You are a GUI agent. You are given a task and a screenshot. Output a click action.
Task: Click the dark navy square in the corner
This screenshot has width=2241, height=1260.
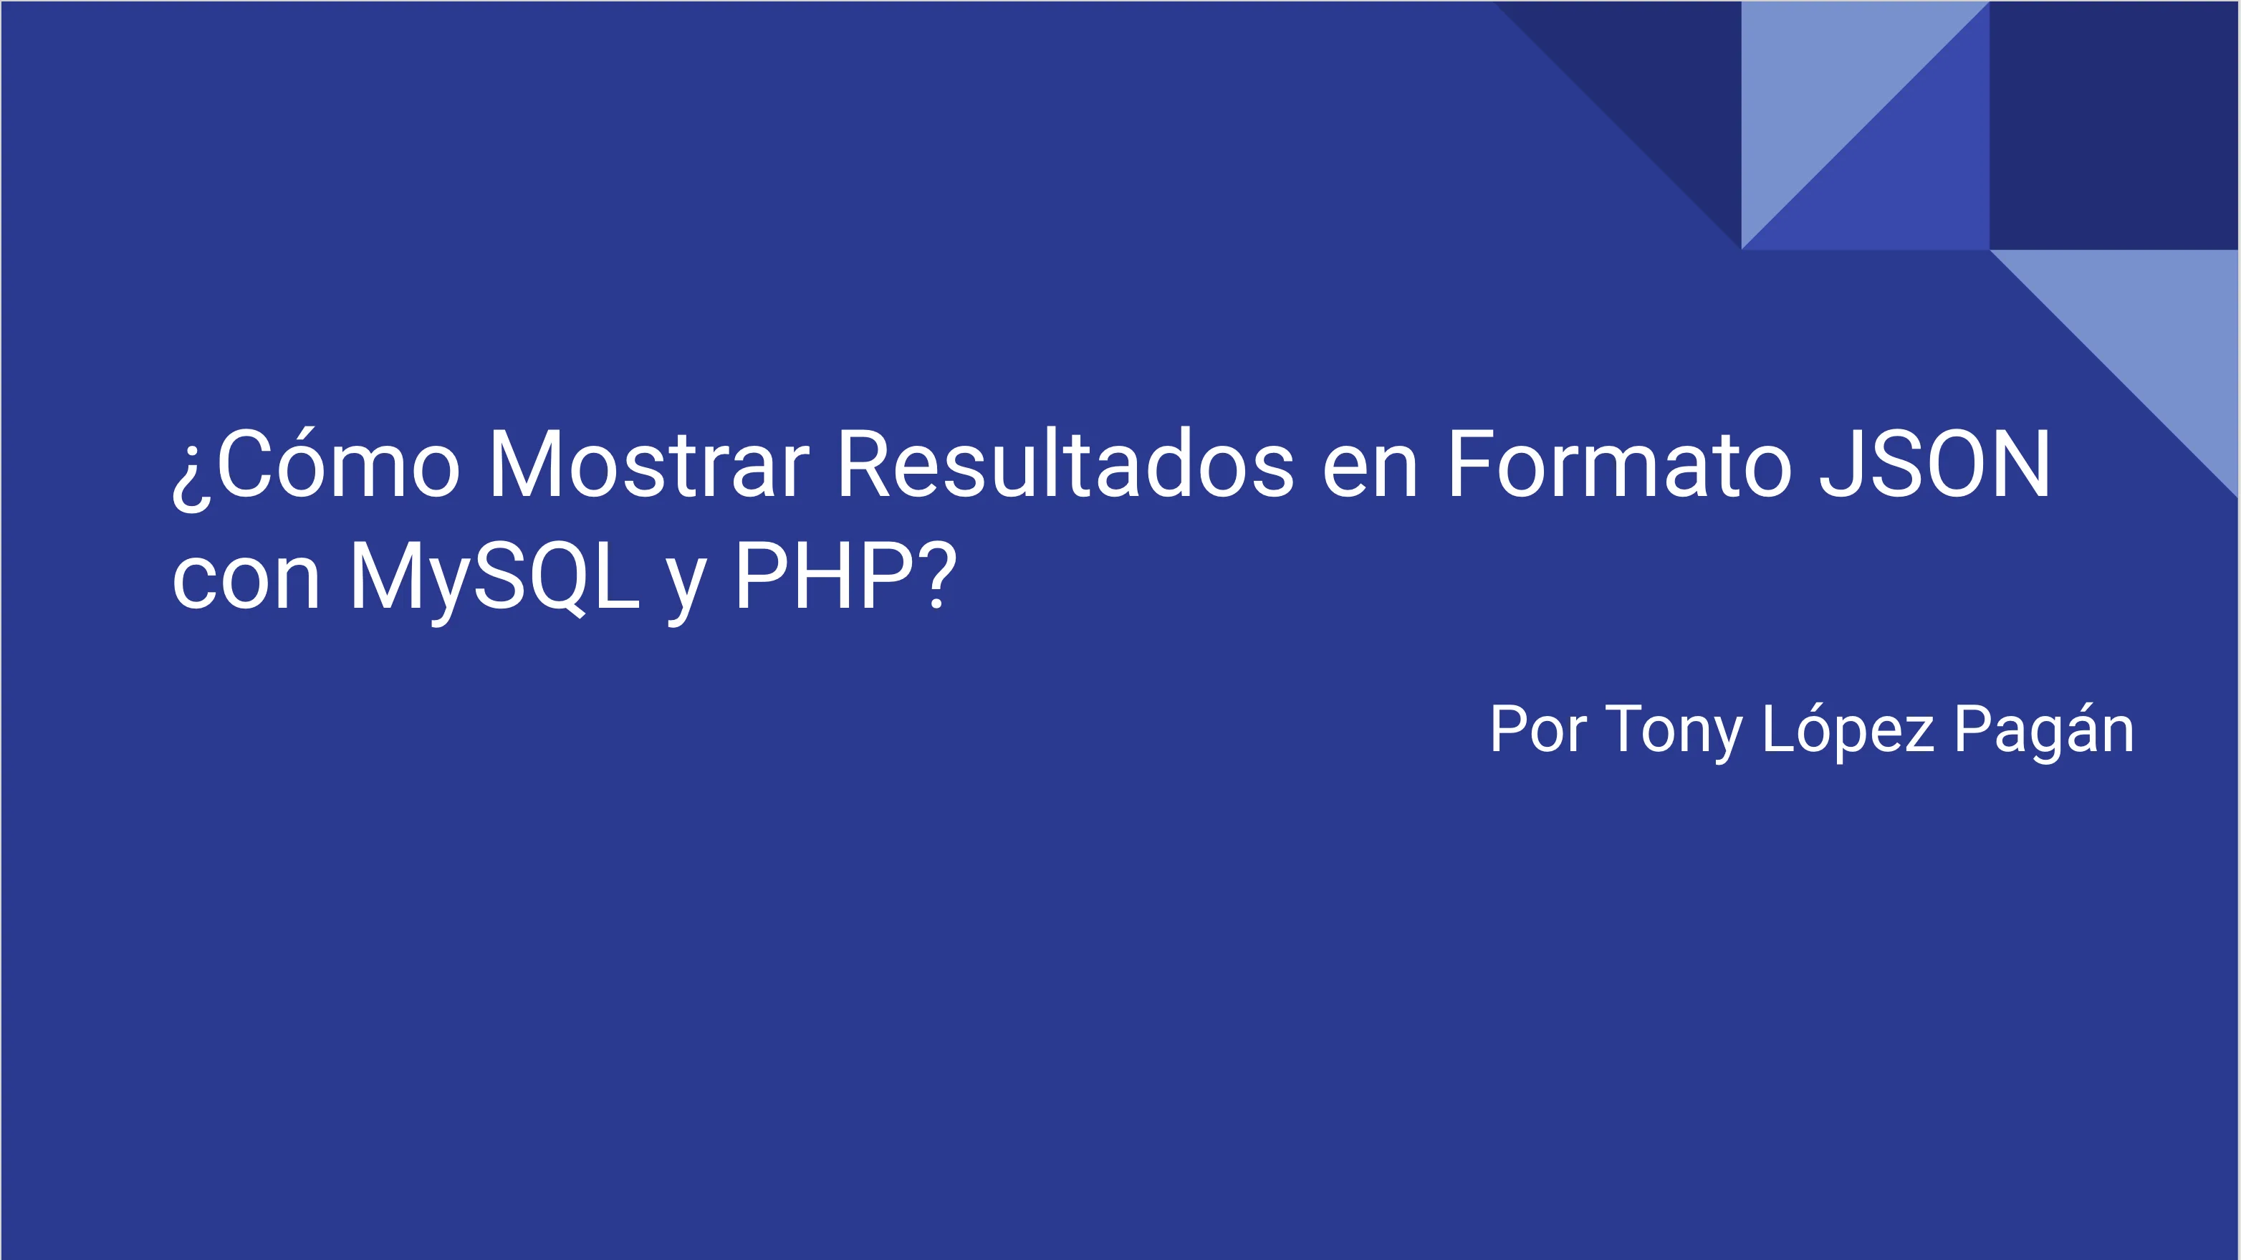click(x=2114, y=125)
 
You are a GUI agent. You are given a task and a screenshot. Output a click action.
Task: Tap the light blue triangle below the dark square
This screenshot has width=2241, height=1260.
click(x=2157, y=330)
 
